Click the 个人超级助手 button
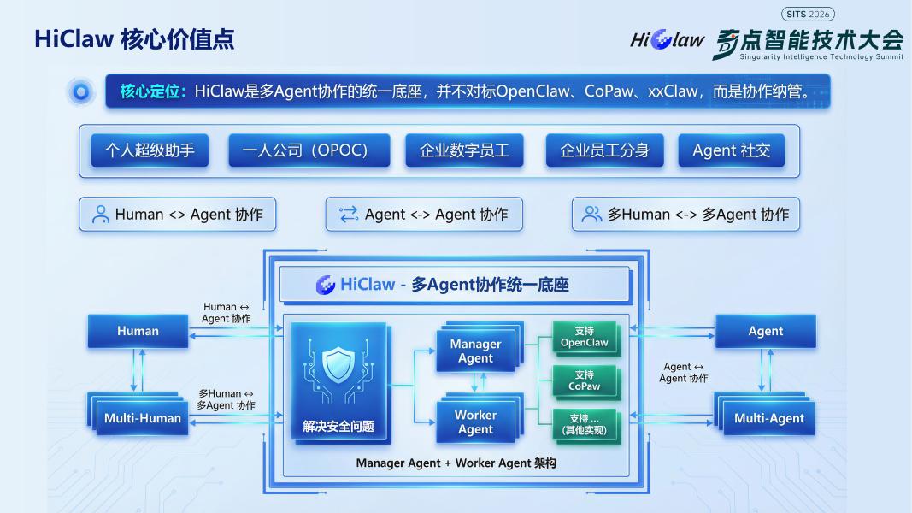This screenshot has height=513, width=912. pyautogui.click(x=150, y=150)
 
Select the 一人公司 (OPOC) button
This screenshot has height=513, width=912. pyautogui.click(x=309, y=150)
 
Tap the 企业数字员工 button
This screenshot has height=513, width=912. pyautogui.click(x=464, y=150)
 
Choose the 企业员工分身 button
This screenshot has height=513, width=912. pyautogui.click(x=604, y=150)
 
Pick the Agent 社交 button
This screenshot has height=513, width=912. pyautogui.click(x=731, y=150)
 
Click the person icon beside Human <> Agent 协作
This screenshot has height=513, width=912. pyautogui.click(x=101, y=214)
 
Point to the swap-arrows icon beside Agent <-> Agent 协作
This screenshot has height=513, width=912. pyautogui.click(x=349, y=214)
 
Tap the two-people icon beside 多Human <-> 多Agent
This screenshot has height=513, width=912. pyautogui.click(x=591, y=214)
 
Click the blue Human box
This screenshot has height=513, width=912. pyautogui.click(x=138, y=331)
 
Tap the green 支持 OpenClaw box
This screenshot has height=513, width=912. pyautogui.click(x=585, y=338)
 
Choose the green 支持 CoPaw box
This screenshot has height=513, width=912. pyautogui.click(x=585, y=381)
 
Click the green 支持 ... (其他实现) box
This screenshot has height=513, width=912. pyautogui.click(x=585, y=425)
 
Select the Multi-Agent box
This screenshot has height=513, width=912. pyautogui.click(x=766, y=416)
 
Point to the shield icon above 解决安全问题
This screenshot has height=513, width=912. pyautogui.click(x=338, y=365)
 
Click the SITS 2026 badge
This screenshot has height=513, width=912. pyautogui.click(x=808, y=14)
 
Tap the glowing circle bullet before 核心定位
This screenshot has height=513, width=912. pyautogui.click(x=81, y=91)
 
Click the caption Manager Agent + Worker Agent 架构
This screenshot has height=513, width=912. pyautogui.click(x=456, y=463)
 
